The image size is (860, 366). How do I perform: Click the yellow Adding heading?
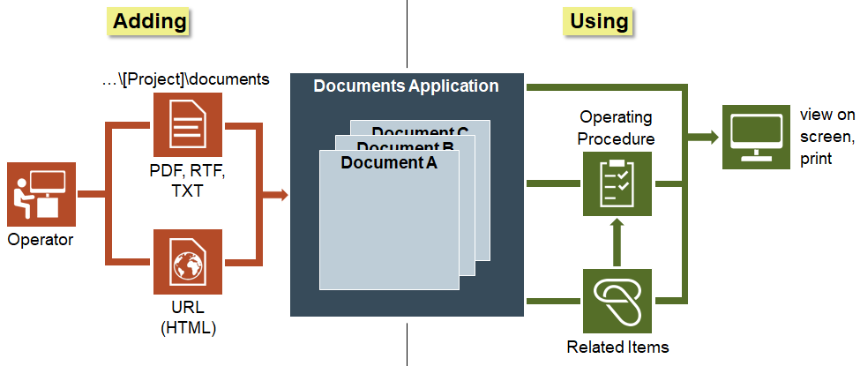(149, 20)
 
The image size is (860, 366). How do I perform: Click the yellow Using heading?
(599, 20)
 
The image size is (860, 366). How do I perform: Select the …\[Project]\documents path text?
(185, 79)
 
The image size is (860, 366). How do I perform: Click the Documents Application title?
(406, 86)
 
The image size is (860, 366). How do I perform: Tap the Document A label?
(388, 162)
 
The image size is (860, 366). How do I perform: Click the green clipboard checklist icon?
(617, 183)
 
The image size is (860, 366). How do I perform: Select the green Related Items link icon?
(617, 298)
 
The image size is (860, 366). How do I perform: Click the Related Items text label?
(617, 347)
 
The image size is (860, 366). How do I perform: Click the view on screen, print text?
(827, 137)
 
